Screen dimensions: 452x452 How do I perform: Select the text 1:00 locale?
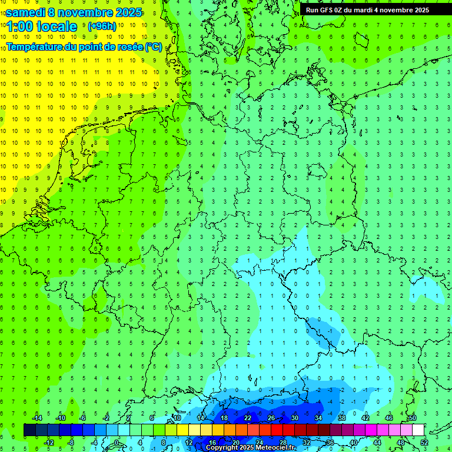[42, 26]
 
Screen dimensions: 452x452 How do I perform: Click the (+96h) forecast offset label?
[102, 26]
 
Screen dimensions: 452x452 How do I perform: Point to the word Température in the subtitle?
[36, 47]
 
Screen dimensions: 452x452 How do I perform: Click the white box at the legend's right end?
[418, 430]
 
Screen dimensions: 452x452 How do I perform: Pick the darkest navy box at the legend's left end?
[29, 430]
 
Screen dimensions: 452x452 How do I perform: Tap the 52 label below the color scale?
[424, 443]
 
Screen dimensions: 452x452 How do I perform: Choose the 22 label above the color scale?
[247, 418]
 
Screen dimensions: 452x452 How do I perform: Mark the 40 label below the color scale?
[353, 443]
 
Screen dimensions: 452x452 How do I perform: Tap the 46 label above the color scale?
[388, 418]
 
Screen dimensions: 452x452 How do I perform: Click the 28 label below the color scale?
[282, 443]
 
